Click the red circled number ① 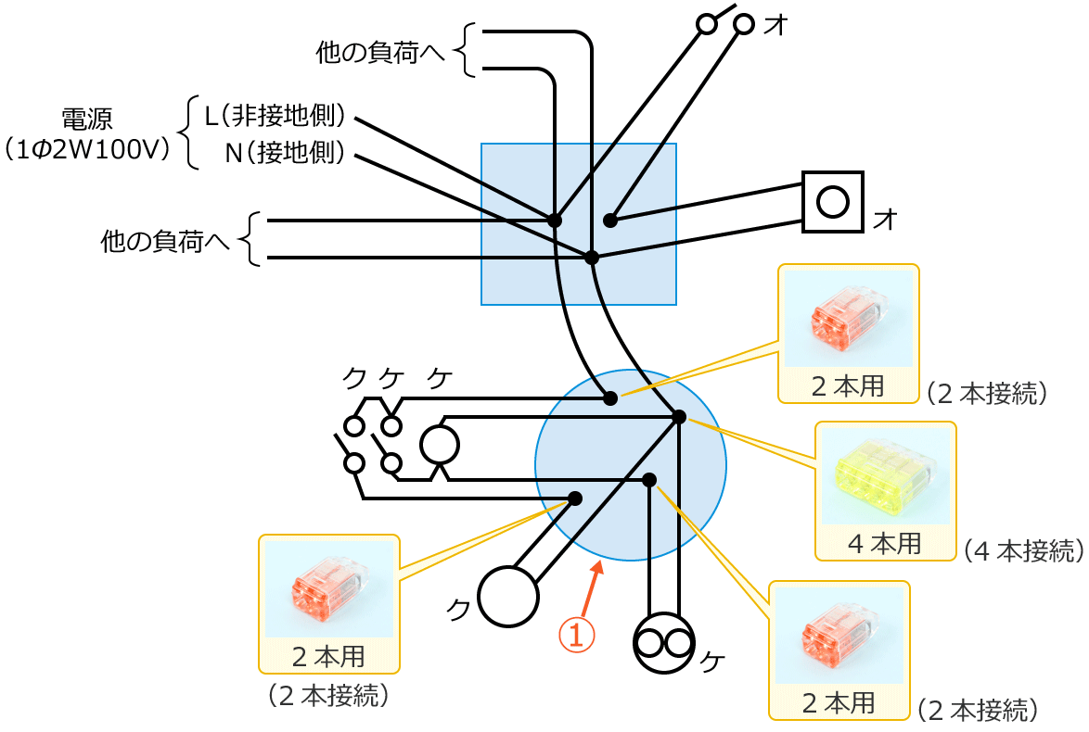click(x=575, y=634)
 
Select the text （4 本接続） click(x=1023, y=550)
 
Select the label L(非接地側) click(x=275, y=116)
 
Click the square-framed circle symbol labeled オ click(x=832, y=201)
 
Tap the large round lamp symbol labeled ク click(x=507, y=596)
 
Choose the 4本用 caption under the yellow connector click(x=885, y=543)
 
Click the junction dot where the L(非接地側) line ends click(x=554, y=221)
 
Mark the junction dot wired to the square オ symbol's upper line click(x=609, y=221)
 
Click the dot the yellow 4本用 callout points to click(x=678, y=417)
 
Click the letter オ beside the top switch click(x=776, y=26)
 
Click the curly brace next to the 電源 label click(x=188, y=133)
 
